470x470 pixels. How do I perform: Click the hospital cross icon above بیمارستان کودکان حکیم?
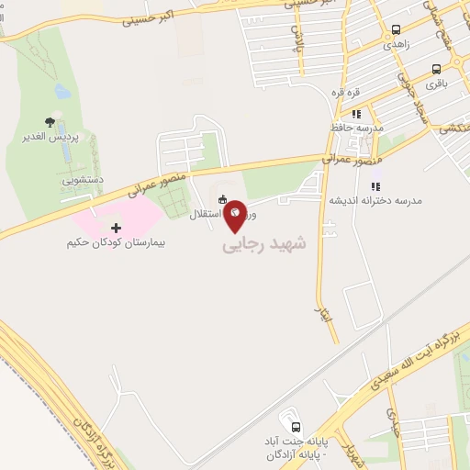[116, 227]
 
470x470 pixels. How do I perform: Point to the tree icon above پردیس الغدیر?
[50, 122]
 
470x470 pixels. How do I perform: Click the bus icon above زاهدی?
[396, 29]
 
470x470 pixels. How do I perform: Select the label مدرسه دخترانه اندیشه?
[375, 199]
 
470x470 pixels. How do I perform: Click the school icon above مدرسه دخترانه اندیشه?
[375, 185]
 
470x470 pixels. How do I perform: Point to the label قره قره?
[359, 93]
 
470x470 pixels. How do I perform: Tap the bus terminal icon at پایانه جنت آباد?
[296, 427]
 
